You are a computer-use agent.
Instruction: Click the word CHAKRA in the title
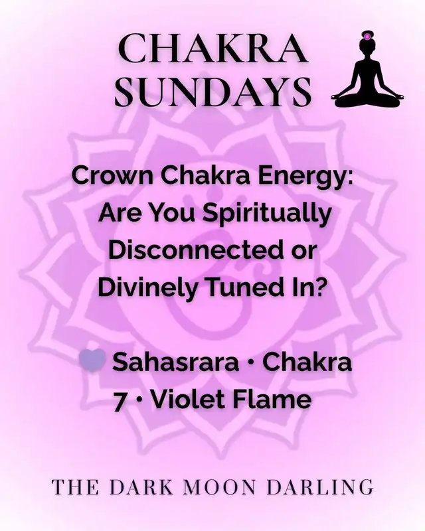click(213, 49)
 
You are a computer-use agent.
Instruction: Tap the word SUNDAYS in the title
click(213, 91)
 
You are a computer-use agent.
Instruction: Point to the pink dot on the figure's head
click(367, 36)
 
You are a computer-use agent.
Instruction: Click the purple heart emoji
click(92, 362)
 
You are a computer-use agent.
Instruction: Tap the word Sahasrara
click(175, 362)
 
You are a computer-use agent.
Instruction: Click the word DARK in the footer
click(141, 487)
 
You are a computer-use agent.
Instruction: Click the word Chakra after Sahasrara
click(307, 362)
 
